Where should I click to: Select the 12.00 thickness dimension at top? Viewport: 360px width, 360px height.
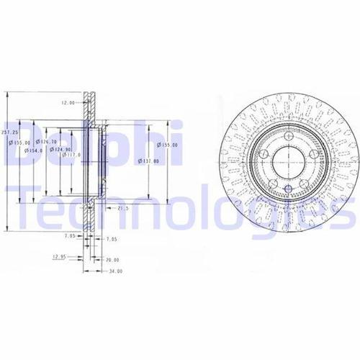click(68, 103)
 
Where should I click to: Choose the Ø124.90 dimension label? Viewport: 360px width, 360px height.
click(60, 150)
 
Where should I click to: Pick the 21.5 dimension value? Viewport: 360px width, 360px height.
click(122, 208)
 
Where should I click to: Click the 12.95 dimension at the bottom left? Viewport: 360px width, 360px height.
click(58, 256)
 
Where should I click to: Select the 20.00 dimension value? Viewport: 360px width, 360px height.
click(112, 259)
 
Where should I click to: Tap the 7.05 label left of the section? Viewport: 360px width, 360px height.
click(70, 235)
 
